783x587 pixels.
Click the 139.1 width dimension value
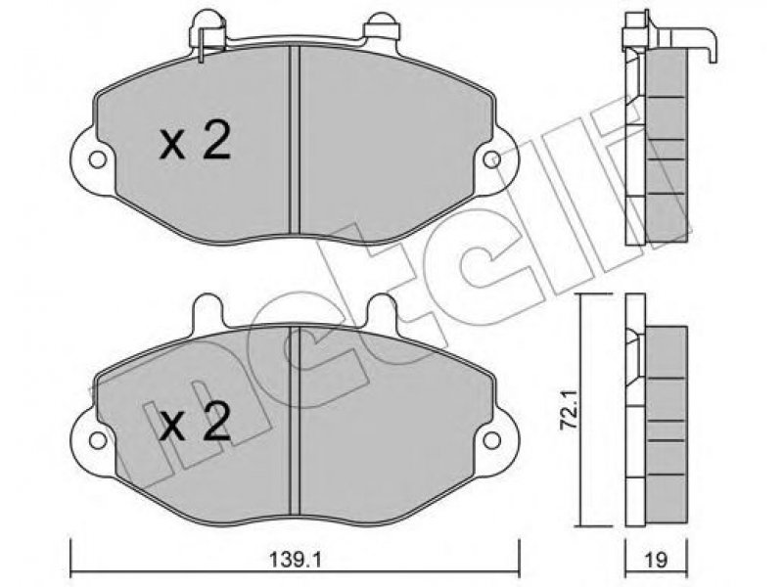pos(296,560)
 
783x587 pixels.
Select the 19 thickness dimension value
pos(657,560)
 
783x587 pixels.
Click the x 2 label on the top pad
pos(195,142)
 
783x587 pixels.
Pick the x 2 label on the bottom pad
pos(195,423)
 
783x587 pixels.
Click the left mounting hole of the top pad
pos(97,159)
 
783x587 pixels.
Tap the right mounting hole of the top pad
pos(492,159)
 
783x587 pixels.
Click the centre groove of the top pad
pos(295,140)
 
